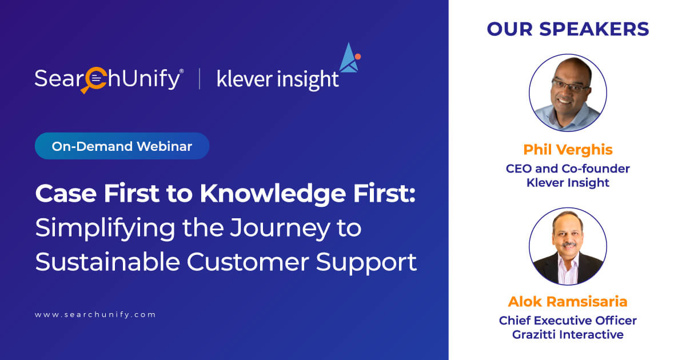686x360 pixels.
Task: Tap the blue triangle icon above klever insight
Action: click(x=349, y=58)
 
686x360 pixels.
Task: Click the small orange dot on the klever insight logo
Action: click(x=358, y=57)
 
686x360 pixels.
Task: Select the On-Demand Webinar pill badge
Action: click(x=122, y=146)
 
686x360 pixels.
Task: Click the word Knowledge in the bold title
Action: click(x=273, y=194)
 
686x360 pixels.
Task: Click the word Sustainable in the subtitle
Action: click(x=107, y=262)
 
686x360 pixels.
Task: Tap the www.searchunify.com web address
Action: click(x=95, y=315)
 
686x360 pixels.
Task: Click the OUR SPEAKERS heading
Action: click(x=568, y=29)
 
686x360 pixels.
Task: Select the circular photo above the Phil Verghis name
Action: click(x=568, y=93)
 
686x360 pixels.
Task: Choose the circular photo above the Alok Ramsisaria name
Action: click(x=568, y=246)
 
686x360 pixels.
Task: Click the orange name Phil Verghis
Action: click(x=568, y=150)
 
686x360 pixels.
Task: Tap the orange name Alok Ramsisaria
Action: click(x=568, y=302)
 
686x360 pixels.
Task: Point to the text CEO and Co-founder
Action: click(x=568, y=169)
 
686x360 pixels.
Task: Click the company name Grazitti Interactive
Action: click(x=568, y=335)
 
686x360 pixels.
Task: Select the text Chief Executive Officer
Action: click(x=568, y=321)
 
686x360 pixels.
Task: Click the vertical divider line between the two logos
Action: click(x=200, y=79)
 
